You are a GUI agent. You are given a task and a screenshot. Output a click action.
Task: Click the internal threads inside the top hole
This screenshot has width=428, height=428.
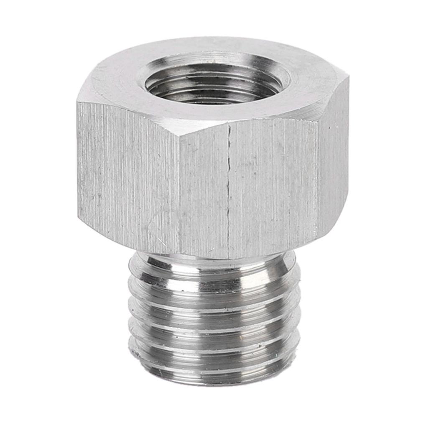click(213, 86)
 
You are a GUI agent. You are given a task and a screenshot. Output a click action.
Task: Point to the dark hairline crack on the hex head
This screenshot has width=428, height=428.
click(229, 188)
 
